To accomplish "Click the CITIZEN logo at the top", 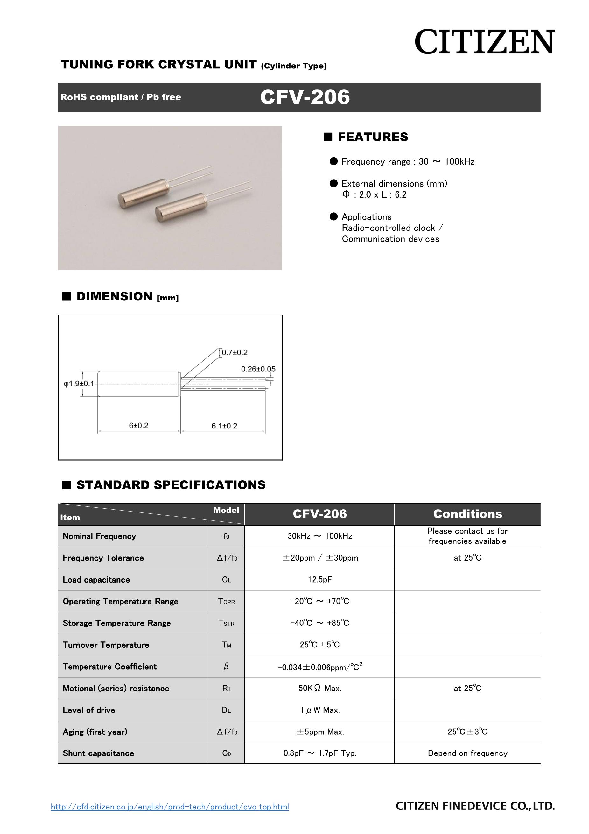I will coord(484,42).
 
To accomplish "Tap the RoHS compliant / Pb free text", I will coord(121,97).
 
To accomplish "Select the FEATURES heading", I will coord(373,137).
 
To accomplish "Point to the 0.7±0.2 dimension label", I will coord(235,352).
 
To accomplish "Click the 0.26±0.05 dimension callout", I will coord(258,369).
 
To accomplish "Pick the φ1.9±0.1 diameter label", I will coord(79,384).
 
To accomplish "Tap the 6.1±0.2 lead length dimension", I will coord(224,426).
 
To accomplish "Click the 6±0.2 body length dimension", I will coord(139,425).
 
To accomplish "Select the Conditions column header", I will coord(467,514).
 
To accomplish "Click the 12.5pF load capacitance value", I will coord(319,579).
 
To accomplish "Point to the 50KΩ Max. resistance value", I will coord(319,688).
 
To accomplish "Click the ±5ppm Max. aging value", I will coord(319,732).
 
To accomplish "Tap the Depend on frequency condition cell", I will coord(467,753).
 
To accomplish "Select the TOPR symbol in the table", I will coord(226,601).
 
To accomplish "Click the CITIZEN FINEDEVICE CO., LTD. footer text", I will coord(475,806).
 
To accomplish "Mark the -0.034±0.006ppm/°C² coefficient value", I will coord(319,667).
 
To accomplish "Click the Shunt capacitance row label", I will coord(98,753).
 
